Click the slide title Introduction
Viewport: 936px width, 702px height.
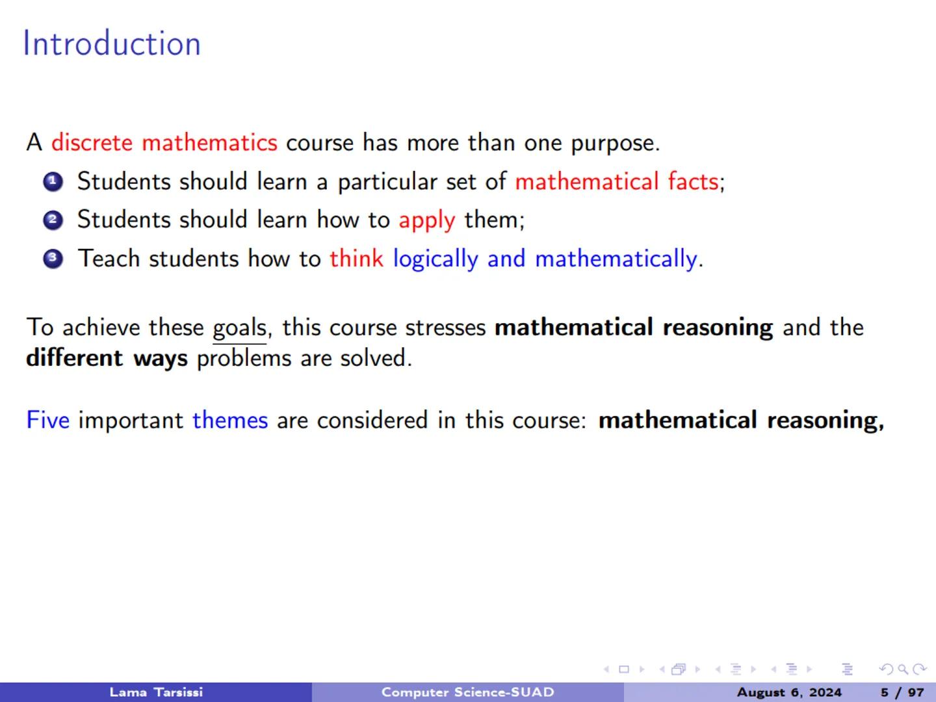coord(112,44)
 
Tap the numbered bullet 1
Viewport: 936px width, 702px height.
coord(53,182)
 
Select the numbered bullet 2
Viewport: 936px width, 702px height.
coord(53,220)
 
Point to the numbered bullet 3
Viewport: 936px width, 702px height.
coord(53,259)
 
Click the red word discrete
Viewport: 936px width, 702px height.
coord(92,142)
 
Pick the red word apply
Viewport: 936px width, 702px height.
coord(426,220)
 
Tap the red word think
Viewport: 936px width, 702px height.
coord(356,259)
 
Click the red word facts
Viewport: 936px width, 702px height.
coord(693,181)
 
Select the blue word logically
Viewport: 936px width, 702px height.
coord(435,259)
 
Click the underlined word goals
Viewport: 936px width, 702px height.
coord(239,328)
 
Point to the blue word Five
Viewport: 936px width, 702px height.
coord(47,420)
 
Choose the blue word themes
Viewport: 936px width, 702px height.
coord(230,420)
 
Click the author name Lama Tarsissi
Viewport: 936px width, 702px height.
coord(156,692)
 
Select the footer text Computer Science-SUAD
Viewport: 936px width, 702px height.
coord(467,692)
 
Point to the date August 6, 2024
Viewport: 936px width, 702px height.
coord(789,692)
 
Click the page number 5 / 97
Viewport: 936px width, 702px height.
coord(902,692)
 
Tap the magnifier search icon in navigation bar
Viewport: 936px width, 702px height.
coord(903,669)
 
